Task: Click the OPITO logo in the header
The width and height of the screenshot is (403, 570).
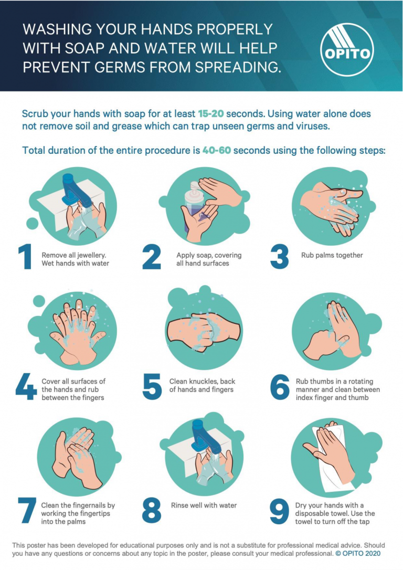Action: [x=347, y=49]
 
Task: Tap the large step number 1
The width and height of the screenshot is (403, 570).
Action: [x=25, y=257]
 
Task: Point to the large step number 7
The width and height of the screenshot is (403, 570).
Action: [x=27, y=510]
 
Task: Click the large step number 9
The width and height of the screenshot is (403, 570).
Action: [x=279, y=511]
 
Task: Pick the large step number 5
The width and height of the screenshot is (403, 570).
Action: [x=152, y=387]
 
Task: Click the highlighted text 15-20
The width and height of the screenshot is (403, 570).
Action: [x=211, y=114]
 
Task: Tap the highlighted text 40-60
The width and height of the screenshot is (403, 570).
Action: [x=217, y=150]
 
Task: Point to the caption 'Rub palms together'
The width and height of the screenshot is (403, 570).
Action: [x=332, y=255]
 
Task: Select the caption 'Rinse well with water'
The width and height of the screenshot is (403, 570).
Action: [x=204, y=505]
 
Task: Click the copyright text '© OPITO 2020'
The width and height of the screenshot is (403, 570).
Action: [x=358, y=554]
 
